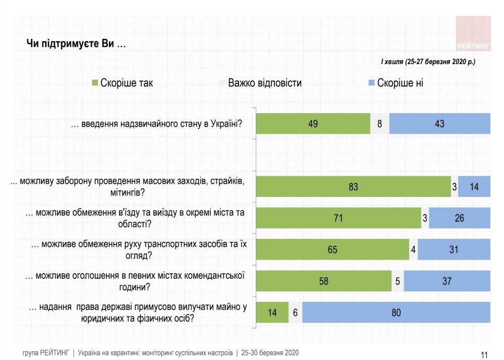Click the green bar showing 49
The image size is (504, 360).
pos(313,123)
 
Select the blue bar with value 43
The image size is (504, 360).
pos(439,123)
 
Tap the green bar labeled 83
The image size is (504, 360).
pos(353,187)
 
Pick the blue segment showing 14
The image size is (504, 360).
pos(474,187)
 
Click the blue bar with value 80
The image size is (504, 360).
pos(396,313)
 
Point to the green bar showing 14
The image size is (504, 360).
pos(272,313)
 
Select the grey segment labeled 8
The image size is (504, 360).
pos(380,123)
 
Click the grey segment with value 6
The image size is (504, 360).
pos(295,313)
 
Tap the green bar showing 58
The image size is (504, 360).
pos(324,281)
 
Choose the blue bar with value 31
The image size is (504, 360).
pos(454,249)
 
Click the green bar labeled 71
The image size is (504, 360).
pos(339,218)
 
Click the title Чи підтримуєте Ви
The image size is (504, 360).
pos(76,44)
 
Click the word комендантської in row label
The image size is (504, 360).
pos(211,276)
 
